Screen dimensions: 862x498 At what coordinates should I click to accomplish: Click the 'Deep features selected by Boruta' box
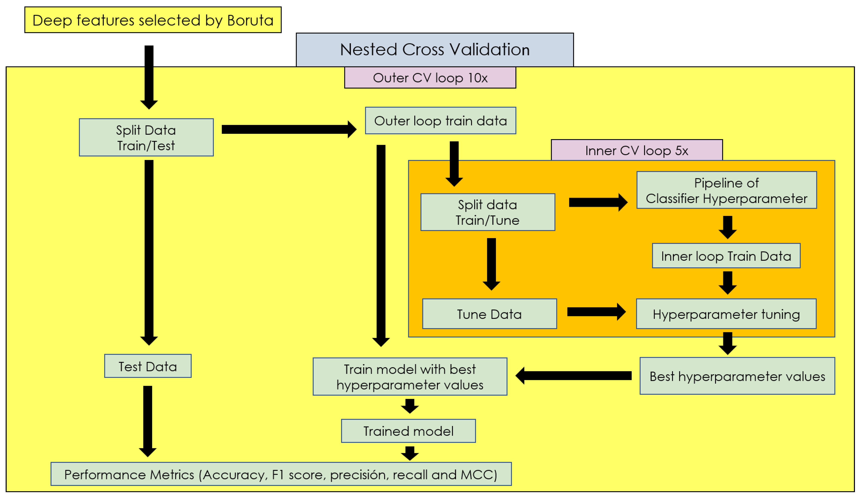tap(153, 20)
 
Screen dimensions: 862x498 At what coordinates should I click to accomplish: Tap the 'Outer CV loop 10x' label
tap(430, 78)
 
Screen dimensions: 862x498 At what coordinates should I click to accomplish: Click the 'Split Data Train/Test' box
tap(146, 138)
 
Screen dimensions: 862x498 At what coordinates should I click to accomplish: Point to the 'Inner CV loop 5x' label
tap(637, 150)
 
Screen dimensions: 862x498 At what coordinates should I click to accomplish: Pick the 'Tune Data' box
tap(490, 314)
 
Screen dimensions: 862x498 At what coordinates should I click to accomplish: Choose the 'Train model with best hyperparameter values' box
tap(410, 377)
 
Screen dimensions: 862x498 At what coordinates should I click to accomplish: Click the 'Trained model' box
tap(408, 431)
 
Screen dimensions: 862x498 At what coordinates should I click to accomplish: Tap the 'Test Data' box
tap(148, 366)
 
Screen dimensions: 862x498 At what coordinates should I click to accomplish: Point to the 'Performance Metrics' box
tap(281, 474)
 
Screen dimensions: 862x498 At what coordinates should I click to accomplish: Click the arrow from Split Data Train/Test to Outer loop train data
tap(289, 129)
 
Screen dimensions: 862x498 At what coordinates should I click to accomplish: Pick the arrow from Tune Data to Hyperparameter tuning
tap(596, 312)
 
